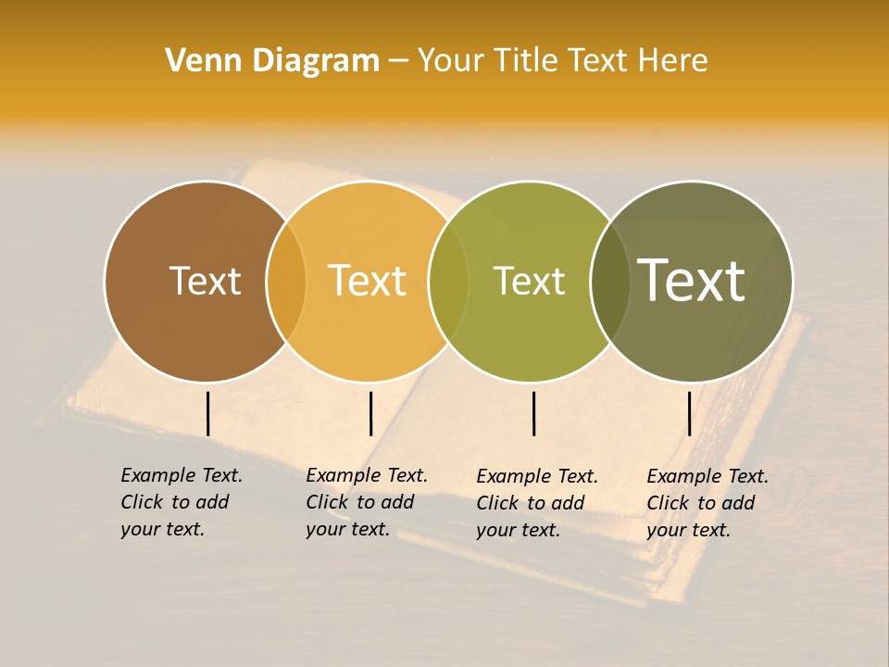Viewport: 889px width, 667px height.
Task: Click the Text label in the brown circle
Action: (x=205, y=281)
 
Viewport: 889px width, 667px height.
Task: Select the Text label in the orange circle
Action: (x=368, y=281)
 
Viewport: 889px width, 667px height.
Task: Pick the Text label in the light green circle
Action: (x=530, y=281)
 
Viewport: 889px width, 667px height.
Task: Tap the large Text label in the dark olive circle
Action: (x=692, y=281)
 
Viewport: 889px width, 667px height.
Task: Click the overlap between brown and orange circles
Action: (x=286, y=281)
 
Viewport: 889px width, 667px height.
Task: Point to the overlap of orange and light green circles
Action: (x=448, y=281)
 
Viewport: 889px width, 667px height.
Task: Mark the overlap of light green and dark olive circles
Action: (x=610, y=281)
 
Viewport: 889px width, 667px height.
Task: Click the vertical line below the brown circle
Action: (x=208, y=413)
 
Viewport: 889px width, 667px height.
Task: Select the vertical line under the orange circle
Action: (x=370, y=413)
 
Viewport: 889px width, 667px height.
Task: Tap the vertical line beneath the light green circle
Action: (x=534, y=413)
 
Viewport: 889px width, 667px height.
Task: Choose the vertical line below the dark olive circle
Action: (x=690, y=413)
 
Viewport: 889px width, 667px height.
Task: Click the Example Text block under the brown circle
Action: (x=182, y=502)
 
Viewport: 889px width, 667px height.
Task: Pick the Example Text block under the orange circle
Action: (x=367, y=502)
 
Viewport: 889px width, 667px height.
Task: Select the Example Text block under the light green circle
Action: (x=537, y=503)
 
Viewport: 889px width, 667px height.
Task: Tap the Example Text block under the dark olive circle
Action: (x=707, y=503)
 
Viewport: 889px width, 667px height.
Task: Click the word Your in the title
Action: (x=452, y=60)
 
